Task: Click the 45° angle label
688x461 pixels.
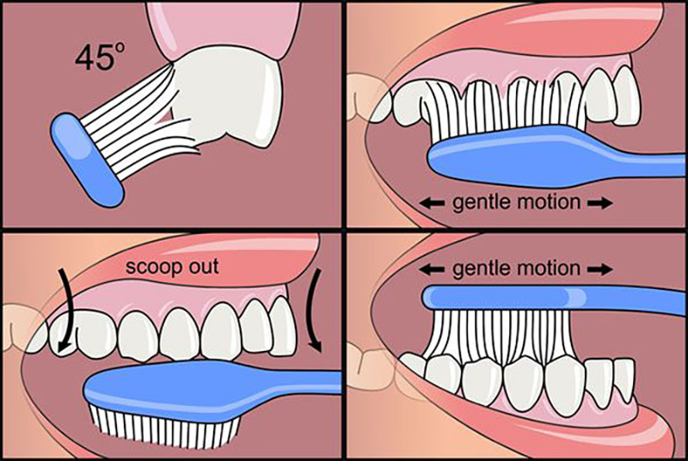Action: (100, 58)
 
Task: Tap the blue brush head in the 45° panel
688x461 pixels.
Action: (88, 160)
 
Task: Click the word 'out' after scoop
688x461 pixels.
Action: (202, 267)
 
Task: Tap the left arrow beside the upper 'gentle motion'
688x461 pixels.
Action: (432, 203)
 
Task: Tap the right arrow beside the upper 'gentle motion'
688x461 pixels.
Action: (599, 203)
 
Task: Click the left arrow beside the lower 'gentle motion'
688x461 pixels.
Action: (432, 269)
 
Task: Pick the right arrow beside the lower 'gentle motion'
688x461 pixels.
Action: (599, 269)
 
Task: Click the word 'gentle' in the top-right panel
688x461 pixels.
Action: (482, 203)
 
